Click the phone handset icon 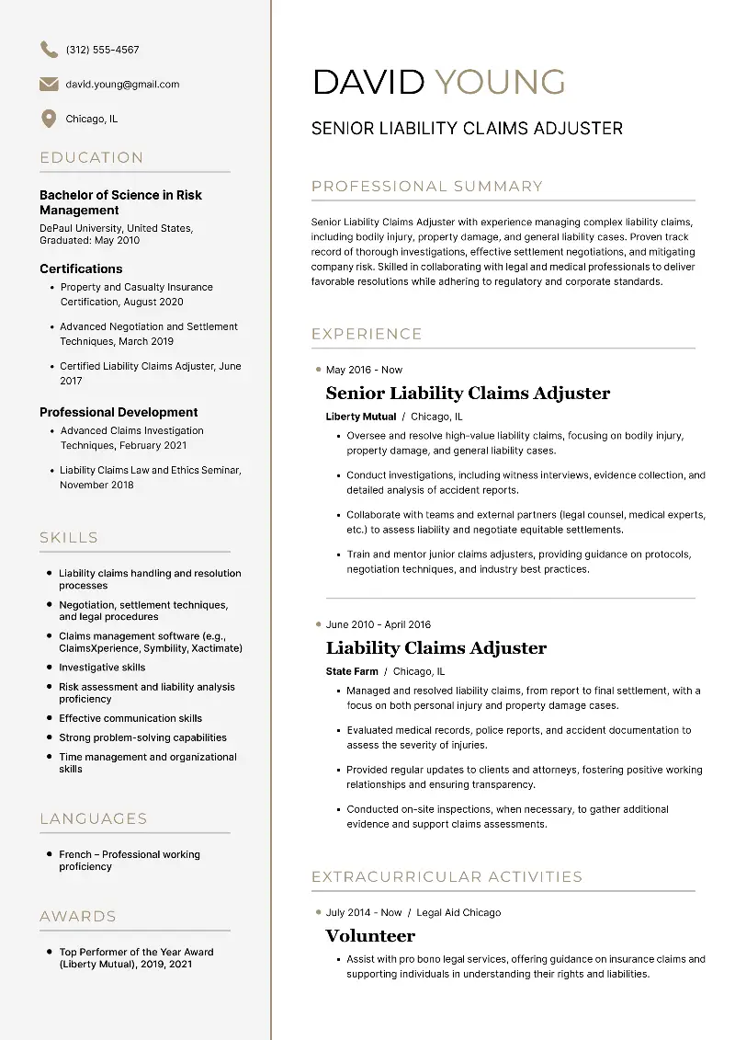(x=49, y=50)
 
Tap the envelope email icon (x=49, y=85)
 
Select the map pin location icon (x=49, y=119)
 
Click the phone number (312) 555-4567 (x=103, y=50)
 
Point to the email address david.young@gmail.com (x=122, y=85)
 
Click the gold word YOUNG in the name (x=500, y=82)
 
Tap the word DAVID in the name (x=368, y=82)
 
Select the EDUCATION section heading (x=92, y=158)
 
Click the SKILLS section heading (x=69, y=538)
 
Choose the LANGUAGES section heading (x=94, y=819)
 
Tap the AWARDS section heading (x=78, y=917)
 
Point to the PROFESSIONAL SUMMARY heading (x=427, y=187)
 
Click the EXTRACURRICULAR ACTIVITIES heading (x=447, y=877)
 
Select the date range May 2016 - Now (x=364, y=370)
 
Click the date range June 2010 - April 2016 (x=378, y=624)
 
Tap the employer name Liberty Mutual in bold (x=361, y=417)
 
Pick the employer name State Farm (x=352, y=671)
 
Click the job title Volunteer (x=370, y=936)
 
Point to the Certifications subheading (x=81, y=269)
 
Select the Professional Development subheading (x=119, y=412)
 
